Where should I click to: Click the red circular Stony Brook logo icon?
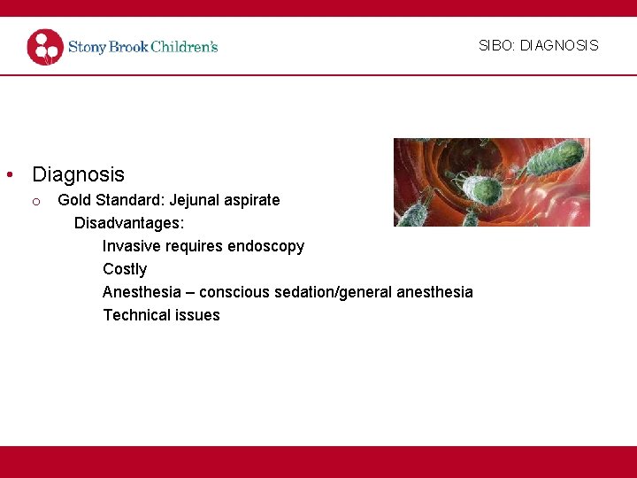click(45, 47)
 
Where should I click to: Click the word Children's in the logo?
click(183, 47)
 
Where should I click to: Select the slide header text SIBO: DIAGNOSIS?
click(538, 45)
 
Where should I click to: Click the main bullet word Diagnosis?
click(78, 174)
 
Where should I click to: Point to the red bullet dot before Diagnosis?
click(9, 175)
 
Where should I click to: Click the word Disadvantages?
click(129, 223)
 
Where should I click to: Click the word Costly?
click(125, 269)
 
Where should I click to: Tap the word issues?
click(199, 315)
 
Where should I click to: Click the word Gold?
click(74, 200)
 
